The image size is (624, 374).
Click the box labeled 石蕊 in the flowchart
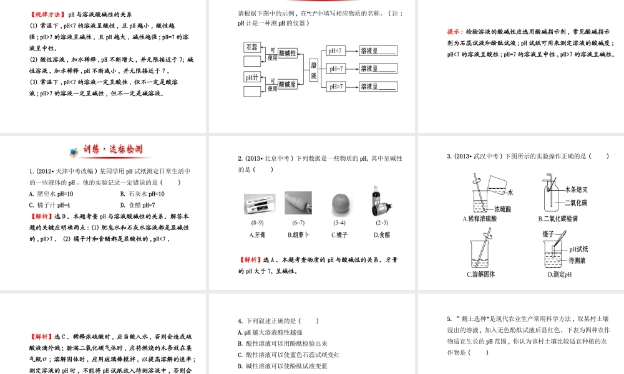[251, 47]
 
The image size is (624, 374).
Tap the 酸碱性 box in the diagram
[288, 53]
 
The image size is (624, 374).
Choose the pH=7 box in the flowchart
[334, 69]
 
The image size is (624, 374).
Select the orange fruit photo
[339, 202]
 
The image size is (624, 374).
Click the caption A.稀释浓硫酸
[480, 219]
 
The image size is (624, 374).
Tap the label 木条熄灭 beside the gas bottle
[577, 189]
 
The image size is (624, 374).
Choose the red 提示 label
[455, 31]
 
